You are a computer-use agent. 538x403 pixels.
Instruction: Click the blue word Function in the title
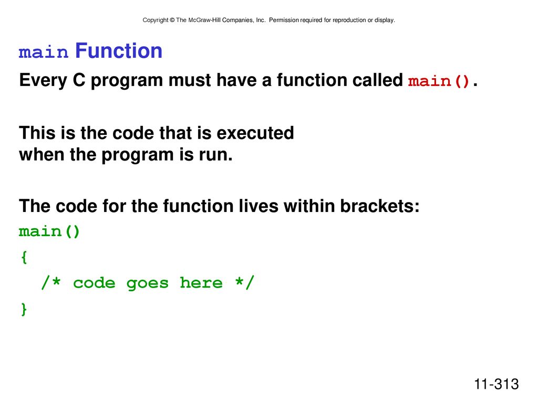[119, 51]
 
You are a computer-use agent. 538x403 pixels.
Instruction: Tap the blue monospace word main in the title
[44, 52]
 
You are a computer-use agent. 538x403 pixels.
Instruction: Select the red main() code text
[439, 81]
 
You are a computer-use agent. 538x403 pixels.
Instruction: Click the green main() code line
[49, 232]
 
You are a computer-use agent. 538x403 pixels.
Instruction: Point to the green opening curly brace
[24, 257]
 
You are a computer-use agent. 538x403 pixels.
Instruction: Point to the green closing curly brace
[24, 309]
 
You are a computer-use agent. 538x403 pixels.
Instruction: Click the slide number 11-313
[496, 384]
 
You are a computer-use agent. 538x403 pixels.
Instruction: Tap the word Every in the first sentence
[43, 80]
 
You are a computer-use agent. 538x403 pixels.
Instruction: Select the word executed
[255, 133]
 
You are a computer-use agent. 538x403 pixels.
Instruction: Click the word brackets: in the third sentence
[380, 206]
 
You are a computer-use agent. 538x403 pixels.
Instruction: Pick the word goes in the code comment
[148, 284]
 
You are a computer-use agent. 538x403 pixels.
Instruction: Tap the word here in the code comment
[201, 283]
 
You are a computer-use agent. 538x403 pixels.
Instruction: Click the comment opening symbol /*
[51, 283]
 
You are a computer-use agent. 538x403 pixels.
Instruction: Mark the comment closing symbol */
[245, 283]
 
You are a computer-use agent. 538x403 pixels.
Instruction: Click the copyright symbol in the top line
[172, 20]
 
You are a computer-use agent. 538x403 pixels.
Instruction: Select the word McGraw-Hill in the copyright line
[204, 20]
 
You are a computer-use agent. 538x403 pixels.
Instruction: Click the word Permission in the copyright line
[284, 20]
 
